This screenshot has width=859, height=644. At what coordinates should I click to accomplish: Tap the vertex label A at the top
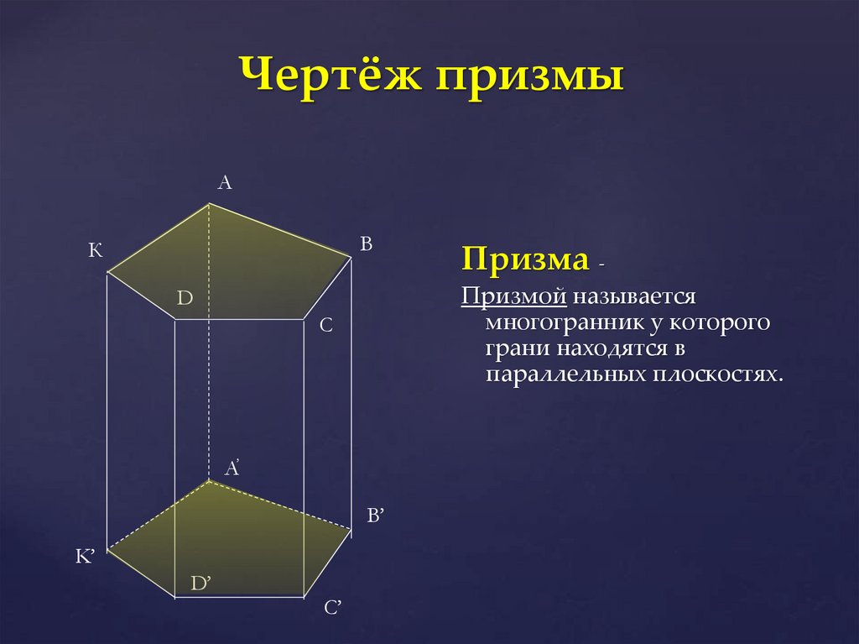[224, 182]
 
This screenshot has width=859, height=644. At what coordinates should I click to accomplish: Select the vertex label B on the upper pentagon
[366, 243]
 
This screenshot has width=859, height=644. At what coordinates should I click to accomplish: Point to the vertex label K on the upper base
[95, 250]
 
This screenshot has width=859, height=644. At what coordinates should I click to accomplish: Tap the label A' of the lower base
[232, 469]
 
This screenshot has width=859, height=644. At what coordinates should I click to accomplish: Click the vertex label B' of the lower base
[374, 516]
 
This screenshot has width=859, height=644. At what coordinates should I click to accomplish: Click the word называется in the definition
[638, 296]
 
